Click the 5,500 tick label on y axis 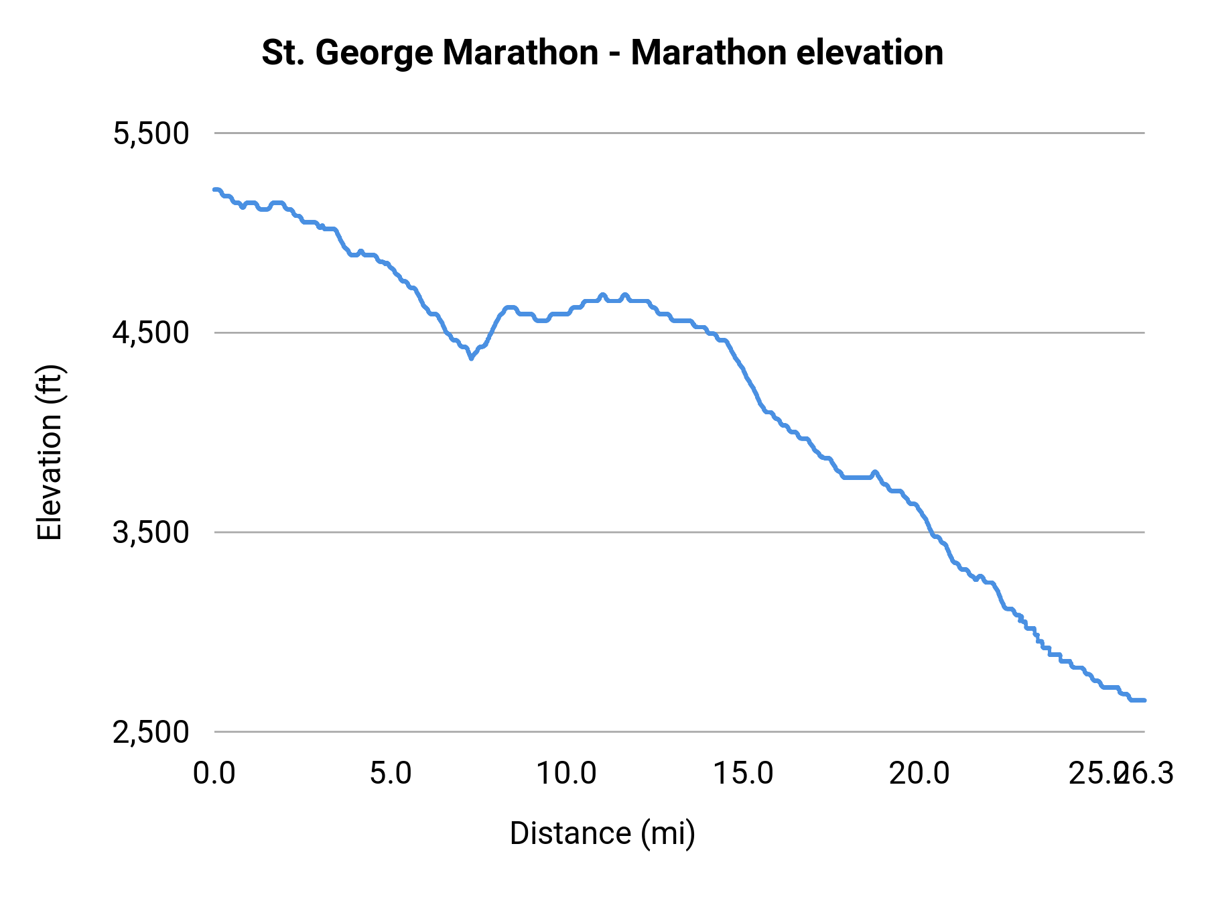click(151, 133)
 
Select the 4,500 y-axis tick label click(151, 333)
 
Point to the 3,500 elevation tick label click(151, 533)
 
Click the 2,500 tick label click(151, 732)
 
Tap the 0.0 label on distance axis click(214, 774)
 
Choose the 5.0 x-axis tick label click(391, 774)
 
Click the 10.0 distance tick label click(567, 774)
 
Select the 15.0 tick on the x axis click(743, 774)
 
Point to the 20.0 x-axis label click(919, 774)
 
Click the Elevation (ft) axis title click(50, 452)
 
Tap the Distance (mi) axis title click(602, 833)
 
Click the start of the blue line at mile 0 click(215, 190)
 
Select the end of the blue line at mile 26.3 click(1144, 700)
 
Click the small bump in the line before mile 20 click(874, 472)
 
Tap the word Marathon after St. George click(520, 53)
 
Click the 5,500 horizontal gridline click(670, 133)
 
